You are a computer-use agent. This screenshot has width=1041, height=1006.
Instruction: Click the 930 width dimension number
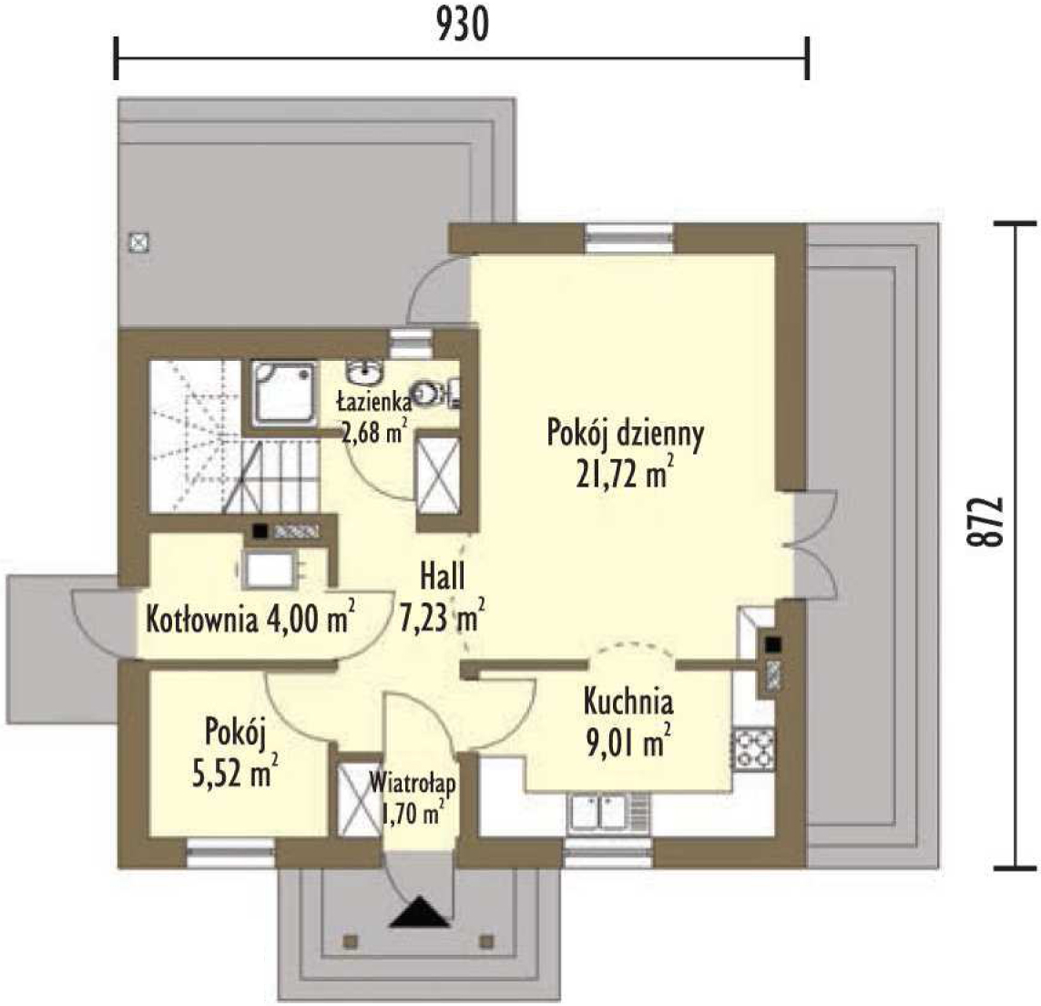click(x=464, y=26)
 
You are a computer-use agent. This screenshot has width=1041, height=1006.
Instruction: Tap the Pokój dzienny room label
click(x=626, y=434)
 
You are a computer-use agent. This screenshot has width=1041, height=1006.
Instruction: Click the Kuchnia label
click(x=628, y=701)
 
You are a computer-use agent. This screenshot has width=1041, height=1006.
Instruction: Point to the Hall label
click(x=442, y=576)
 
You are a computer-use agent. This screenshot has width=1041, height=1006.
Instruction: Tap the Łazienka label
click(x=374, y=402)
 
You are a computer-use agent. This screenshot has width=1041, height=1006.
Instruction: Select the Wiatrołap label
click(x=413, y=783)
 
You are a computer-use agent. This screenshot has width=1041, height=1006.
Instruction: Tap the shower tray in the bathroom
click(x=284, y=394)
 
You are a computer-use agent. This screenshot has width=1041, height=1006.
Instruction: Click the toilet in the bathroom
click(x=430, y=395)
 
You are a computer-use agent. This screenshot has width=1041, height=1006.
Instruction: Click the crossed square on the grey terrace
click(x=138, y=241)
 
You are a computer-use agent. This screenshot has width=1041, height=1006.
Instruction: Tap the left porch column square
click(x=350, y=941)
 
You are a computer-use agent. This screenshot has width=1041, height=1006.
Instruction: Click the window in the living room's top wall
click(x=630, y=240)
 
